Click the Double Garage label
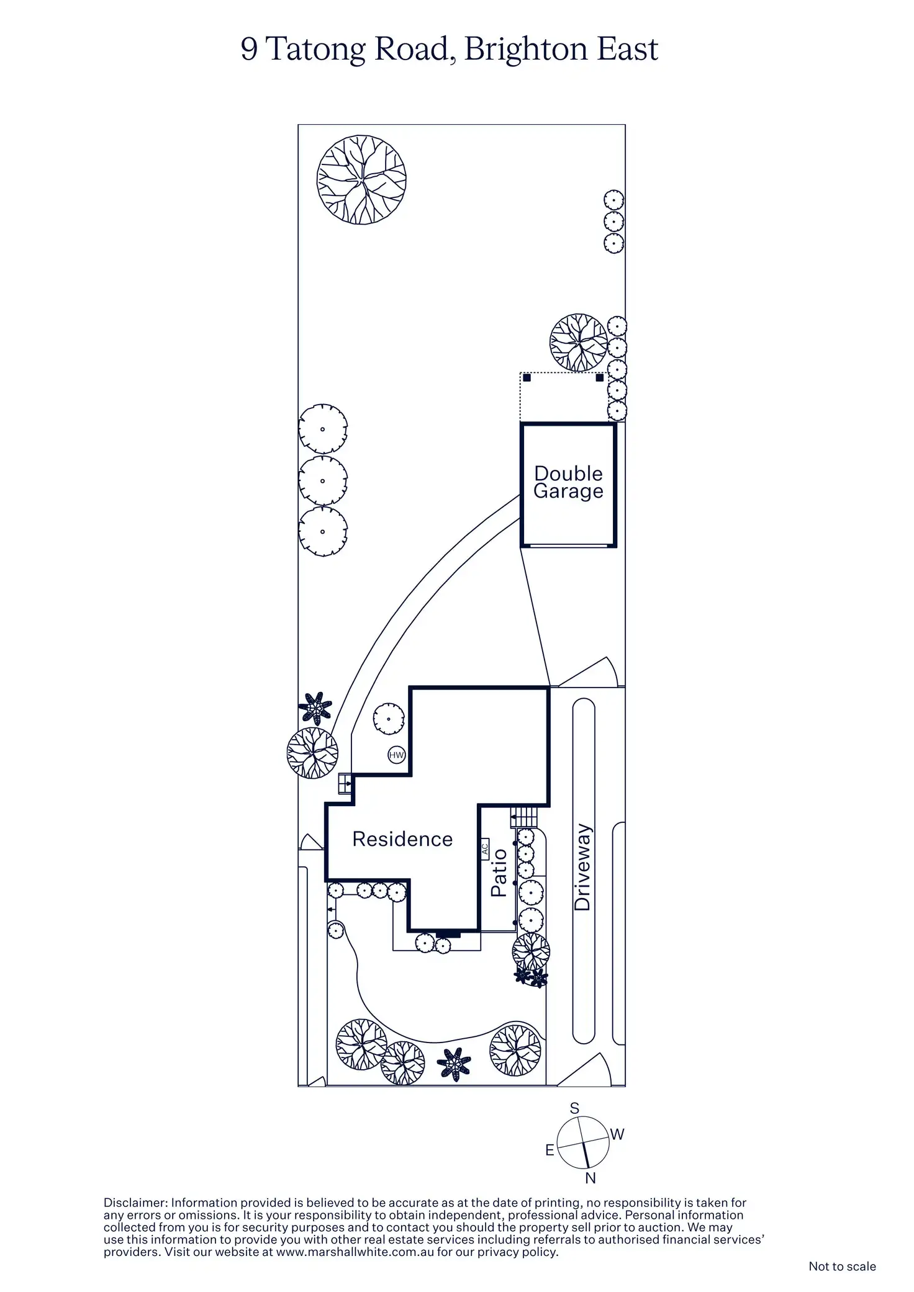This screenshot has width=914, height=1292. (x=568, y=482)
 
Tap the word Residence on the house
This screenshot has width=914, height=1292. (x=402, y=839)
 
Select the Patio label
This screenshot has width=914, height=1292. (x=499, y=873)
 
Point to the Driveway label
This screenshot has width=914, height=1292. (x=582, y=868)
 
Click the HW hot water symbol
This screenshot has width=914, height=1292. (x=396, y=755)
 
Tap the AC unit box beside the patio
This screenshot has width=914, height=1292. (x=485, y=848)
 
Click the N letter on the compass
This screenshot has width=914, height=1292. (x=590, y=1178)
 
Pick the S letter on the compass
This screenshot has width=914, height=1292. (x=574, y=1108)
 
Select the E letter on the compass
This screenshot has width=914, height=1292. (x=550, y=1151)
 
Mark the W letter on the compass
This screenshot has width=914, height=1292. (x=617, y=1134)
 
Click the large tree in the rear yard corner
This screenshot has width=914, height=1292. (x=361, y=179)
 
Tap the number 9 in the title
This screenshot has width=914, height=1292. (x=249, y=50)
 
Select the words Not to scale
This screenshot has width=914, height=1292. (x=842, y=1267)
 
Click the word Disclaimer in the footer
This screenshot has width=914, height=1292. (x=135, y=1203)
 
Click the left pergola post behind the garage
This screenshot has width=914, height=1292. (x=527, y=377)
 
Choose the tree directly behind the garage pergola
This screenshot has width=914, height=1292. (x=579, y=342)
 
